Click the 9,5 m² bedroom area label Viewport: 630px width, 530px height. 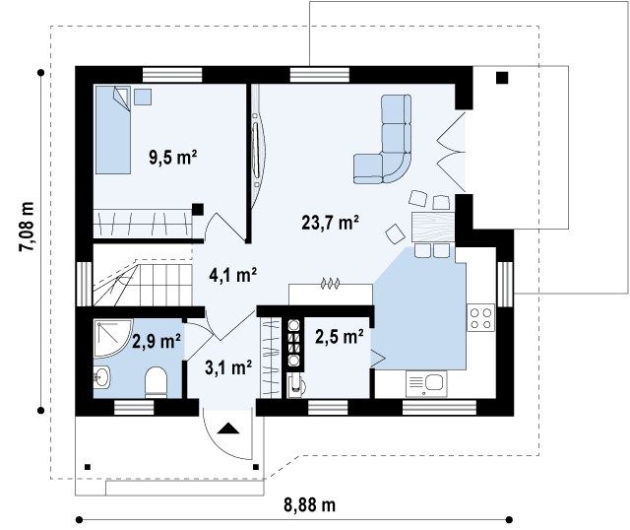[173, 157]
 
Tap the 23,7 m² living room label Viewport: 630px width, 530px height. [331, 223]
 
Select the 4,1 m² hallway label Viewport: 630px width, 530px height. [233, 275]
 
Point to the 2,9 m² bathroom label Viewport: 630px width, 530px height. [156, 342]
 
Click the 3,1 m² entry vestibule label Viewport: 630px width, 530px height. [228, 367]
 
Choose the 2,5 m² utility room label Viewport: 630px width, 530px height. [340, 337]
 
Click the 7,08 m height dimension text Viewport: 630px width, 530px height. [27, 227]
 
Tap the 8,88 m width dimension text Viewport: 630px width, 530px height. [309, 505]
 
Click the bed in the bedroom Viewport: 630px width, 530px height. [113, 130]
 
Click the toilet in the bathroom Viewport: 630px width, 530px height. [156, 382]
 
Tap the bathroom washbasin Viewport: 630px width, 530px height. [101, 377]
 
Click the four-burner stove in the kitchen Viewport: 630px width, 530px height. [480, 317]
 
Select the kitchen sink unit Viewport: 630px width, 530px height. [426, 383]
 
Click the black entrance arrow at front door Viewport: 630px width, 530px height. [228, 429]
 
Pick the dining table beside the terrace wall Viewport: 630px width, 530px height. [433, 228]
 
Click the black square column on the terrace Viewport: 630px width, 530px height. [502, 78]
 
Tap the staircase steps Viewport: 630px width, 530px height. [143, 283]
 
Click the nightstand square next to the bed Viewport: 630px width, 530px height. [143, 97]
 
